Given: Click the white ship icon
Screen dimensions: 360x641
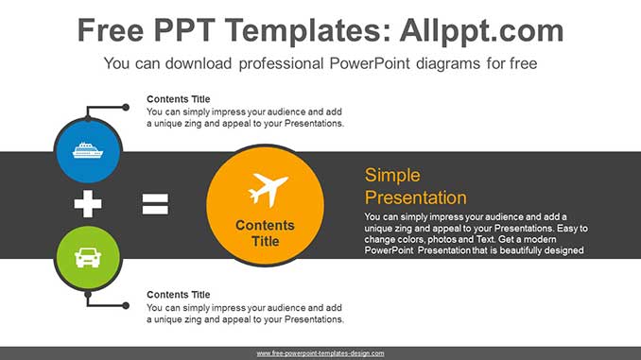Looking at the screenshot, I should click(87, 149).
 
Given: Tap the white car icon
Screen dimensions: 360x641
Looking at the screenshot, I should click(87, 255).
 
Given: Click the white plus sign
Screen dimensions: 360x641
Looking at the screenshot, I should click(88, 203).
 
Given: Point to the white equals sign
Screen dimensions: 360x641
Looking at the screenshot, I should click(155, 203).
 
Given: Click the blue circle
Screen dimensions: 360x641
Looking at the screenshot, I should click(87, 149).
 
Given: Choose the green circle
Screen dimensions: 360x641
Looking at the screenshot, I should click(87, 255).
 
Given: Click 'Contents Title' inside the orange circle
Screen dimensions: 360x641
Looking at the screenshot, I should click(265, 233).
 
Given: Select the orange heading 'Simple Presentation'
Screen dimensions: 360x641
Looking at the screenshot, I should click(416, 186).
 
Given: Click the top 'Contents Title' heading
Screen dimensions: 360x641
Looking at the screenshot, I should click(179, 99).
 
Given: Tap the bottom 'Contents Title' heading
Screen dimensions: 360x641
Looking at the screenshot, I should click(179, 295).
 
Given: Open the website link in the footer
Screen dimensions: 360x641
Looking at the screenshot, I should click(320, 353).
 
